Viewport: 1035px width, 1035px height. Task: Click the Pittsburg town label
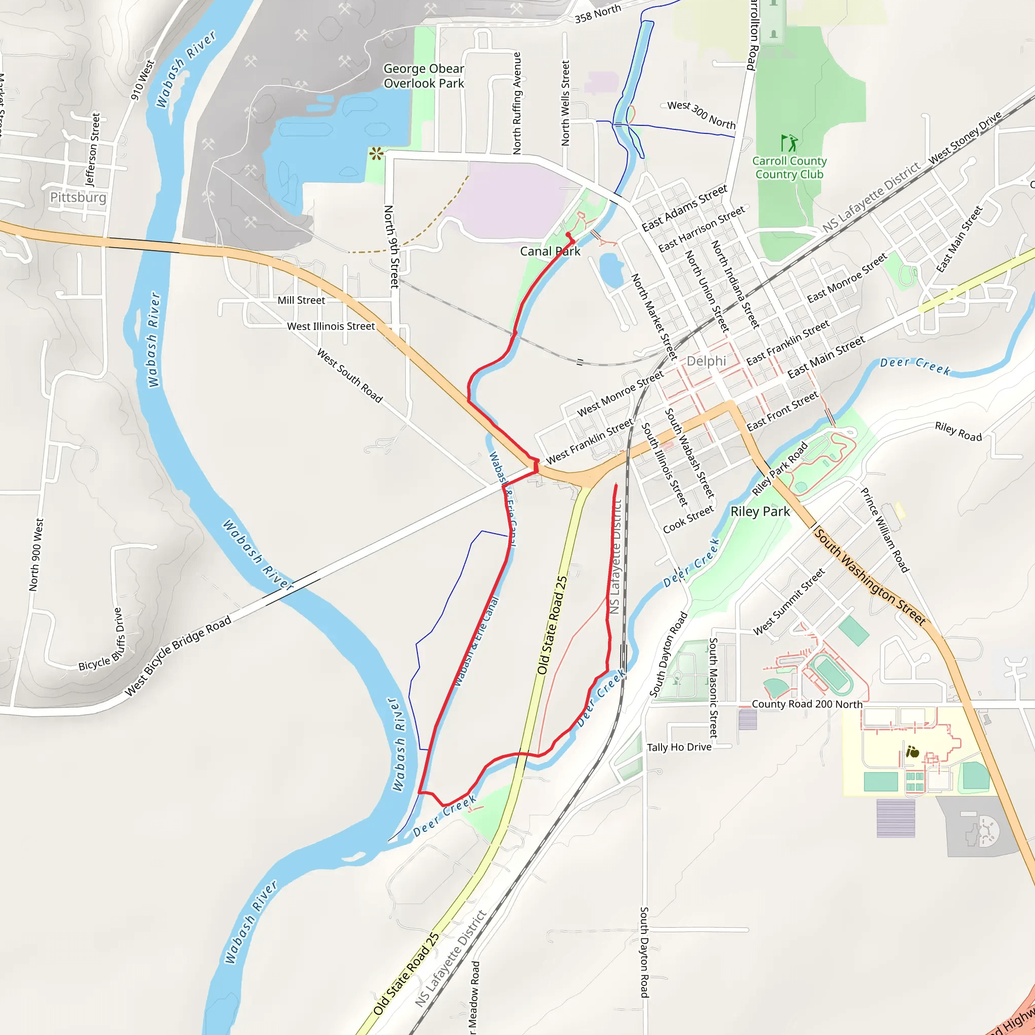[x=78, y=197]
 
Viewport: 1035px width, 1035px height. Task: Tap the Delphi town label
[x=706, y=360]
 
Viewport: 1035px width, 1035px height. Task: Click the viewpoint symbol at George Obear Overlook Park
[x=376, y=154]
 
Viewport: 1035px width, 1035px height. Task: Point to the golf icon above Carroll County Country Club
[x=789, y=143]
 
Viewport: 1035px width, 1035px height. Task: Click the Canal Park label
[x=550, y=251]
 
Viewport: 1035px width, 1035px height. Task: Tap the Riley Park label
[x=760, y=511]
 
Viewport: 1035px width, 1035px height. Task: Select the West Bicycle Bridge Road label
[x=178, y=655]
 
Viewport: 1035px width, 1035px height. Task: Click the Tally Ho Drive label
[x=679, y=747]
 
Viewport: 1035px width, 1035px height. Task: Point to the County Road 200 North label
[x=807, y=704]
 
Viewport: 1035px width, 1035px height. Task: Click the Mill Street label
[x=301, y=301]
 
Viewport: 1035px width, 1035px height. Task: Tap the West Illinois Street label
[x=331, y=326]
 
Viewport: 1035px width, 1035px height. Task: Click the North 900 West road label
[x=35, y=554]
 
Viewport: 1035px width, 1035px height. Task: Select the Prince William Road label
[x=884, y=530]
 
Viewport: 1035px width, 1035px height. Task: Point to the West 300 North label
[x=701, y=114]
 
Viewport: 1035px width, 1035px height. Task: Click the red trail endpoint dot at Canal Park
[x=568, y=234]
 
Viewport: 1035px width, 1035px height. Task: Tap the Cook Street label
[x=688, y=519]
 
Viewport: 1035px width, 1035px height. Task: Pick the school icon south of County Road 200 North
[x=912, y=751]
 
